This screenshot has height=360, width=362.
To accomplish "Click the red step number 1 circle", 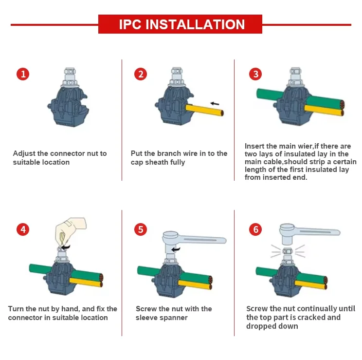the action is pyautogui.click(x=23, y=74).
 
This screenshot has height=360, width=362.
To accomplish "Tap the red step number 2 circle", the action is pyautogui.click(x=141, y=74).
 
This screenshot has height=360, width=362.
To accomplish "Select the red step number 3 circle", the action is pyautogui.click(x=255, y=74).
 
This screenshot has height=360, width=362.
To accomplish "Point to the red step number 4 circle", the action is pyautogui.click(x=23, y=229).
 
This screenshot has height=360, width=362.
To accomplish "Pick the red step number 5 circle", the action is pyautogui.click(x=141, y=229).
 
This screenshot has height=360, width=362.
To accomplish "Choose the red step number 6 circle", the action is pyautogui.click(x=255, y=229).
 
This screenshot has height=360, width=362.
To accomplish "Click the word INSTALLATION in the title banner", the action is pyautogui.click(x=195, y=24).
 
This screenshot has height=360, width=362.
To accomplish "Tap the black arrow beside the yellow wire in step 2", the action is pyautogui.click(x=215, y=104).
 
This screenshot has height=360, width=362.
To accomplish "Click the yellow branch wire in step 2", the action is pyautogui.click(x=204, y=110).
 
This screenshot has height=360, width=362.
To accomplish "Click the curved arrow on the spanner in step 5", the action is pyautogui.click(x=176, y=249).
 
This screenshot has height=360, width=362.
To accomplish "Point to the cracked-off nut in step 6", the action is pyautogui.click(x=288, y=251).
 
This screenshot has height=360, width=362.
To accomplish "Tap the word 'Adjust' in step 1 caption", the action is pyautogui.click(x=24, y=153).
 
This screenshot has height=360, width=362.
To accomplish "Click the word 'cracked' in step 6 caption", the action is pyautogui.click(x=312, y=317).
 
